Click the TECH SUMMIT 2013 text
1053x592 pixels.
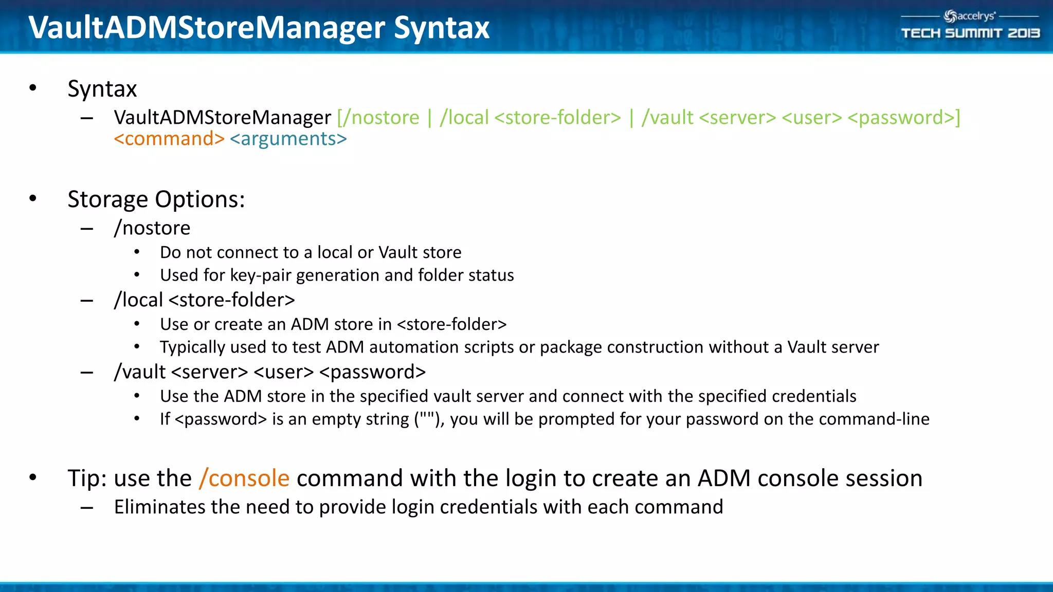pyautogui.click(x=970, y=33)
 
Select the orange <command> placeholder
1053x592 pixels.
pyautogui.click(x=169, y=139)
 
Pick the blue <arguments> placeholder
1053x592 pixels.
pyautogui.click(x=288, y=139)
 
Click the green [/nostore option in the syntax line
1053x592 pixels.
pyautogui.click(x=378, y=118)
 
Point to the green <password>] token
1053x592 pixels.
pyautogui.click(x=903, y=118)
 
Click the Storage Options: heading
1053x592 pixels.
pyautogui.click(x=156, y=199)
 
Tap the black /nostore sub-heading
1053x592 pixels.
pyautogui.click(x=152, y=228)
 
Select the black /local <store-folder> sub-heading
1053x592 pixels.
pyautogui.click(x=205, y=300)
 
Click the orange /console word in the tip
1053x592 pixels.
pyautogui.click(x=244, y=478)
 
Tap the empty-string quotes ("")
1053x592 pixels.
pyautogui.click(x=426, y=418)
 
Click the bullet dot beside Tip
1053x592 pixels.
pyautogui.click(x=33, y=477)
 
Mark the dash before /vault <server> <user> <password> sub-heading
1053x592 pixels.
pyautogui.click(x=87, y=372)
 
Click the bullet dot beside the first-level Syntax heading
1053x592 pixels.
pyautogui.click(x=33, y=88)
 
